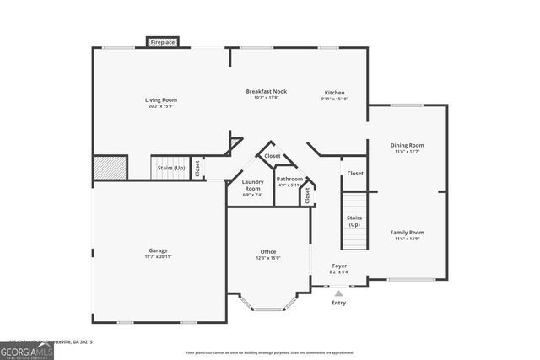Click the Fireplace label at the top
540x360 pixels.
point(163,41)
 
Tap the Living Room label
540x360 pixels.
point(162,99)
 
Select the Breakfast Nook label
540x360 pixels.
point(266,91)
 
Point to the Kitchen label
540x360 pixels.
point(334,93)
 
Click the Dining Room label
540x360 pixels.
point(407,145)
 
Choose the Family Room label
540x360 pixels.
point(407,232)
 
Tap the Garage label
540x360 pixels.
point(158,250)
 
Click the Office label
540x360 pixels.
point(268,251)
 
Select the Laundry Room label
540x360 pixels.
point(252,185)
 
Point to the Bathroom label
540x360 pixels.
point(289,179)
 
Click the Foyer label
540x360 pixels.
point(338,266)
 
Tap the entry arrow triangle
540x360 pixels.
point(338,293)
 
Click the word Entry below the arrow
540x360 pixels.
point(338,302)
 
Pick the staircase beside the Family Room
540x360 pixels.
point(354,221)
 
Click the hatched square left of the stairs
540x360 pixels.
point(110,167)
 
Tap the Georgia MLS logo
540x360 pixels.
point(27,349)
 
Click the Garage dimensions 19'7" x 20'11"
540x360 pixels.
point(158,255)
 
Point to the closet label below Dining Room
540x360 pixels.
point(355,173)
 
